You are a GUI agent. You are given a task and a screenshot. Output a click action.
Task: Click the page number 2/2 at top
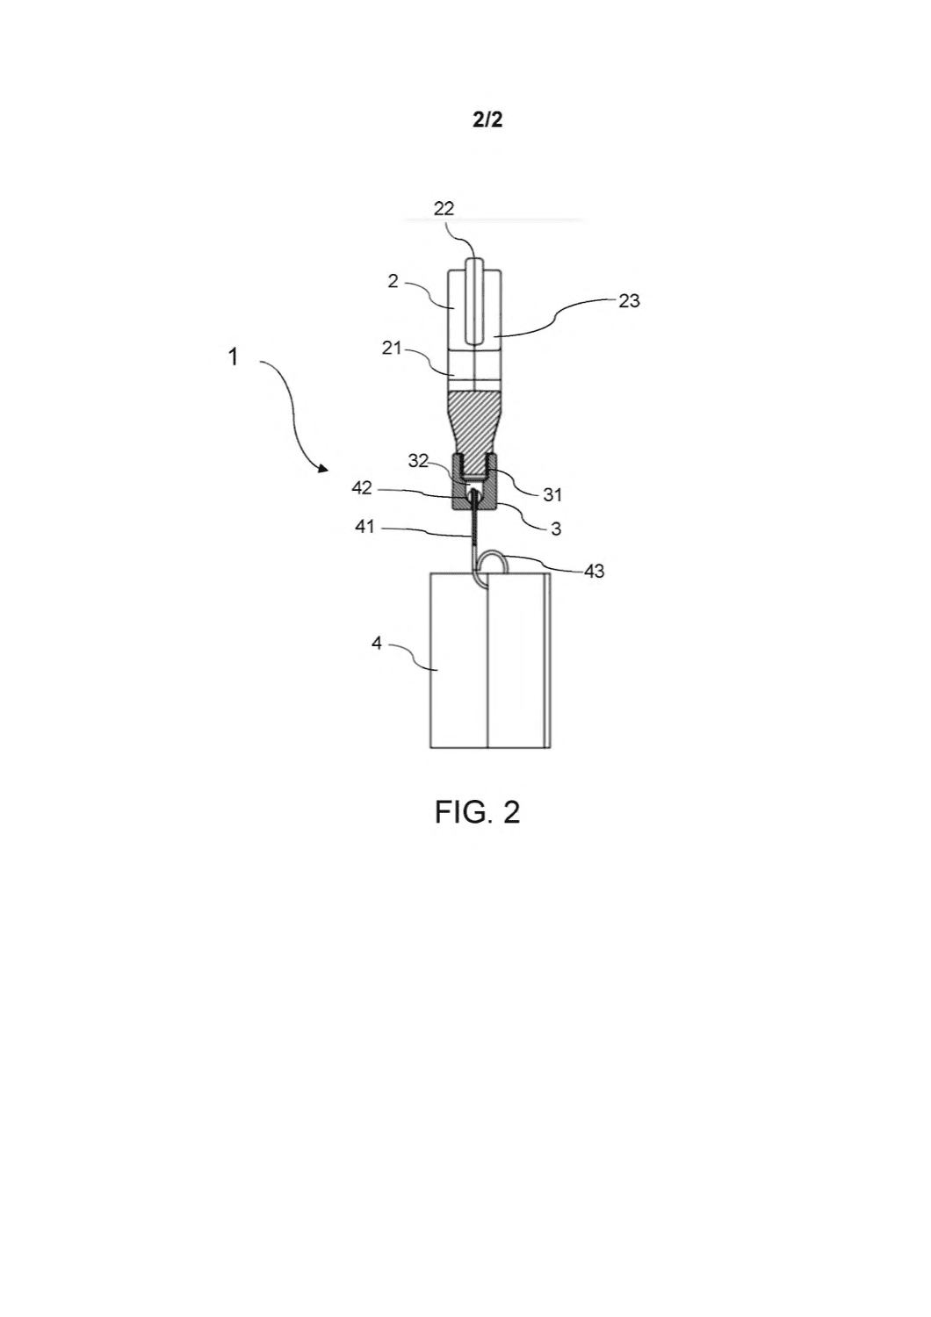487,120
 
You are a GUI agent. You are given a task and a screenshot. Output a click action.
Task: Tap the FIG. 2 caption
477,812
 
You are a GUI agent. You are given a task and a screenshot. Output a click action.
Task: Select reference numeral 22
444,209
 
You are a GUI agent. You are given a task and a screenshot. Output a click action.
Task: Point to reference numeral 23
629,301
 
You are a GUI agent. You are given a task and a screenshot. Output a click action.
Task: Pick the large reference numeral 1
234,356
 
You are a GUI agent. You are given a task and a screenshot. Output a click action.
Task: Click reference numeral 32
418,461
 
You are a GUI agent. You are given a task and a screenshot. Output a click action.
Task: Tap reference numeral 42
362,488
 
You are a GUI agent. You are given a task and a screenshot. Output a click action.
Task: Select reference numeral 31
552,495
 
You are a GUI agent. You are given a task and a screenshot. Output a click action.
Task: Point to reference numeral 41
364,527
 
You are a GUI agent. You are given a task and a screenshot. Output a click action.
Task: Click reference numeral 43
594,571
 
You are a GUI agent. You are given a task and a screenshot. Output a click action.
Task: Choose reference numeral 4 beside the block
377,644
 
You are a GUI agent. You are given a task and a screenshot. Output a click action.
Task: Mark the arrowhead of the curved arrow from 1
323,468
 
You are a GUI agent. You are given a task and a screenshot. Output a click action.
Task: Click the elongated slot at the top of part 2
474,300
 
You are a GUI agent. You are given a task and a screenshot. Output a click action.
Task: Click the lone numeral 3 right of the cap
556,529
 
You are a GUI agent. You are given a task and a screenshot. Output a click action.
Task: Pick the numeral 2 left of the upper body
393,281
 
